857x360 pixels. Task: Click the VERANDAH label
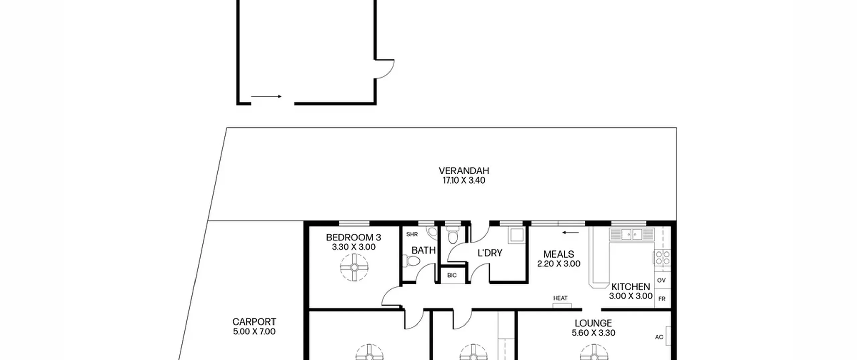464,171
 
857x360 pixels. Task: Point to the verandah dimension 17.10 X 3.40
464,181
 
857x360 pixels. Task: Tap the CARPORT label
254,322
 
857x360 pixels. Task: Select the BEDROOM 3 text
354,237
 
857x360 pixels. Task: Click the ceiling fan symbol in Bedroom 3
354,267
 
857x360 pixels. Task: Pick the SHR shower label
412,234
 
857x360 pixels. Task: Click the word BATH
423,250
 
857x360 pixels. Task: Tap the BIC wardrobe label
452,275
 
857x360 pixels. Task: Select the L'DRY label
490,253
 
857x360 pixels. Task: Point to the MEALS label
559,254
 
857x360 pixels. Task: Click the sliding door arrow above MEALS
571,232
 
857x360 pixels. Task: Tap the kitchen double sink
632,234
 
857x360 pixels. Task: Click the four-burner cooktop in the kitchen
663,258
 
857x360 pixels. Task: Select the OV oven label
661,280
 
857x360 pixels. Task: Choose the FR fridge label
662,299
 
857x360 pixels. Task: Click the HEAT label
560,298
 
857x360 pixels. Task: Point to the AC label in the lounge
659,337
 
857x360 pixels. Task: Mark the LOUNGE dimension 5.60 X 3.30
594,333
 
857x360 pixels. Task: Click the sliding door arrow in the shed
266,96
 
